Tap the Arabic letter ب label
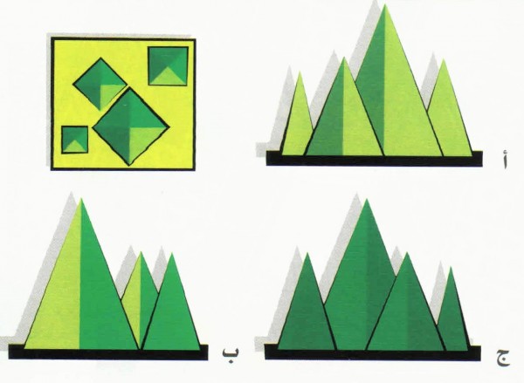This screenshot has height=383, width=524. pos(229,355)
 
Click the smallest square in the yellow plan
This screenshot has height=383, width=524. pos(75,140)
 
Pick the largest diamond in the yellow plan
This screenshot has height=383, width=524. pos(130,126)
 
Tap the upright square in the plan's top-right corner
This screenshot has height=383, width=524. pos(168,65)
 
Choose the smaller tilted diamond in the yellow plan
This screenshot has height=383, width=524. pos(100,83)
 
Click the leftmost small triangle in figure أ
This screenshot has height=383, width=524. pos(297,122)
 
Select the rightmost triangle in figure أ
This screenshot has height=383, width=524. pos(447,118)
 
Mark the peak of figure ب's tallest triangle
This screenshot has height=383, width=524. pos(81,200)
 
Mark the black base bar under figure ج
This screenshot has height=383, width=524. pos(371,353)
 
